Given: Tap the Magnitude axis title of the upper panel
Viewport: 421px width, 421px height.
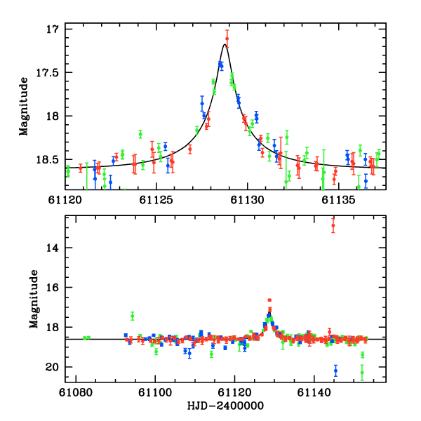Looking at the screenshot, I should click(24, 107).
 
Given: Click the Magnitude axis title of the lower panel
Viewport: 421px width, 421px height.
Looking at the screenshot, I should click(33, 300).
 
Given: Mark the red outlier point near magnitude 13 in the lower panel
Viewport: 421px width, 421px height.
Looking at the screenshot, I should click(333, 225).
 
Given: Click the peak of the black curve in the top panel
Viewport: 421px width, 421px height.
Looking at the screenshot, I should click(225, 44).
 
